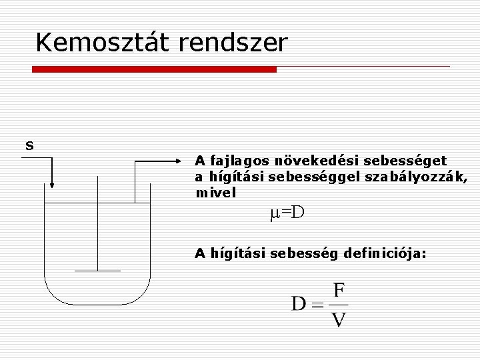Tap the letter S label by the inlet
point(29,145)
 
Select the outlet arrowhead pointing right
point(175,161)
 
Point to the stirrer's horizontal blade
point(97,271)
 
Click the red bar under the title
point(154,69)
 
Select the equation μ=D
point(287,213)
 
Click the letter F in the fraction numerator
point(339,291)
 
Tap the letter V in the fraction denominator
point(339,320)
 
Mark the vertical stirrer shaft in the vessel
point(97,227)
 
